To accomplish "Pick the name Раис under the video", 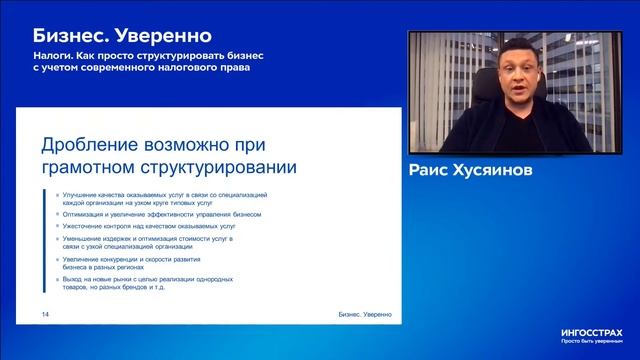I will pyautogui.click(x=434, y=171).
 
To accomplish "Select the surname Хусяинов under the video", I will pyautogui.click(x=506, y=171).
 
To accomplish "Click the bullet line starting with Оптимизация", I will pyautogui.click(x=147, y=214).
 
